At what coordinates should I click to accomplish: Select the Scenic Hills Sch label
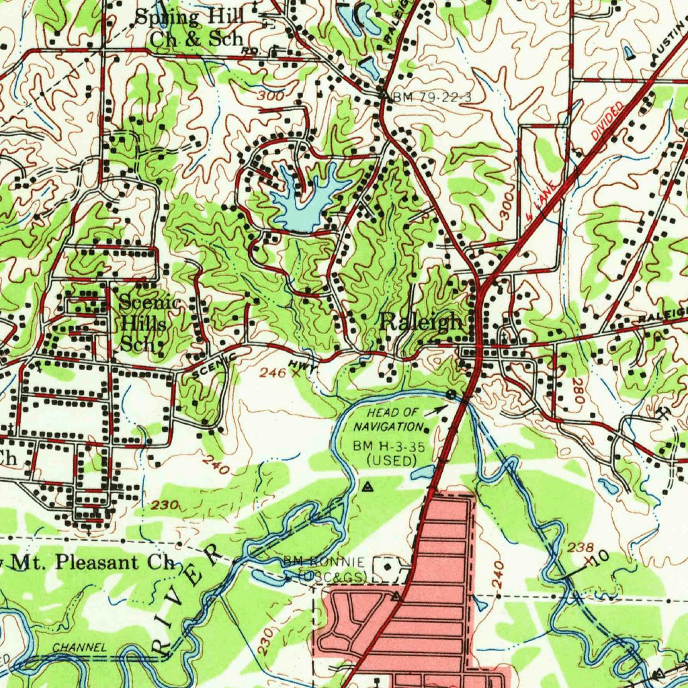tap(149, 323)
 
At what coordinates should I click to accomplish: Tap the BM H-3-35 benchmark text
tap(385, 451)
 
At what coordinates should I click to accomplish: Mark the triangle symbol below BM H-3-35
tap(368, 486)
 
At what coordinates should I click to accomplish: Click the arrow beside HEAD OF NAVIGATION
tap(437, 408)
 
